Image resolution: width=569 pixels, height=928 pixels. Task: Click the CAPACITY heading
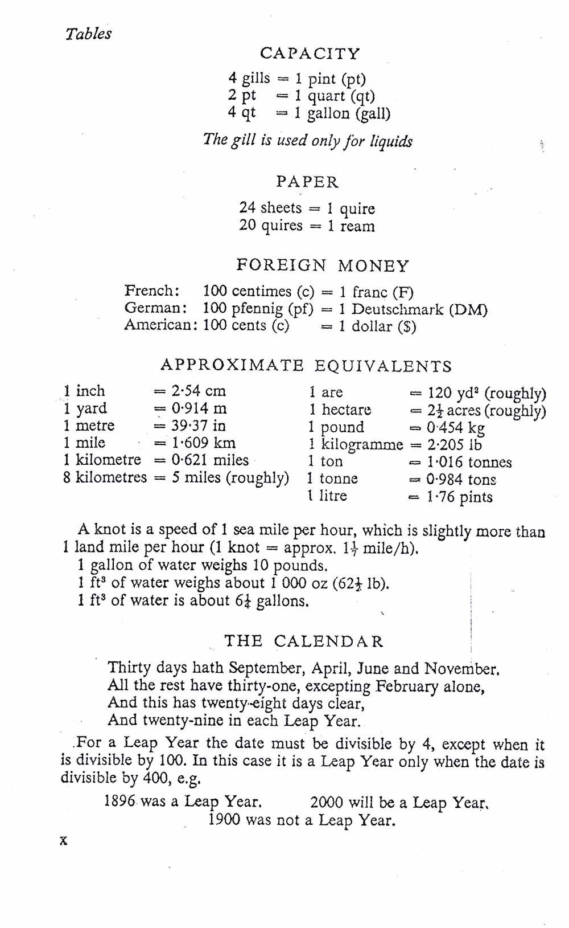[x=310, y=54]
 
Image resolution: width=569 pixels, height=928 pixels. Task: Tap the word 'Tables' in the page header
[x=88, y=34]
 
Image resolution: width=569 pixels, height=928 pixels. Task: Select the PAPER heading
[x=307, y=182]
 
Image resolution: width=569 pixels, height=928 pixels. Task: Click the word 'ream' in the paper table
[x=357, y=226]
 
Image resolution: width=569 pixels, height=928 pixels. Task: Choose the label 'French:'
[x=152, y=291]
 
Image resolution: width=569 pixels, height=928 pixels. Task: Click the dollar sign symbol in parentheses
[x=407, y=327]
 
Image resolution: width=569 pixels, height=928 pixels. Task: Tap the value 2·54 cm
[x=199, y=391]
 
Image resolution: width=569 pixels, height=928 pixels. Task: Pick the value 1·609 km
[x=203, y=443]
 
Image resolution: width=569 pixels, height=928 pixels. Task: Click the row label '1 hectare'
[x=340, y=410]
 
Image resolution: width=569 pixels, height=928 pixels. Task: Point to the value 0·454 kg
[x=456, y=427]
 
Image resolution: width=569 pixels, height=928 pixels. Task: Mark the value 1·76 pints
[x=459, y=497]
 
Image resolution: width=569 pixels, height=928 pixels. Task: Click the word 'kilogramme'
[x=362, y=444]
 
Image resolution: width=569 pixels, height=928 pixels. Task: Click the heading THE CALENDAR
[x=304, y=641]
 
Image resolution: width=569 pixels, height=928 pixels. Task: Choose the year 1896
[x=119, y=802]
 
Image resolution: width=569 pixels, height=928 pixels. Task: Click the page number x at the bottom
[x=63, y=840]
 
